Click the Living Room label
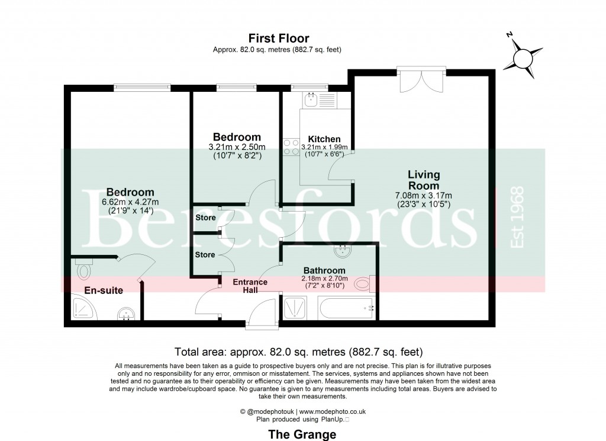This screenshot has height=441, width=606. point(424,180)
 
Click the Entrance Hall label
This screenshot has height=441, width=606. point(250,286)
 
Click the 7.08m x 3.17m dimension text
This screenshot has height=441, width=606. point(424,196)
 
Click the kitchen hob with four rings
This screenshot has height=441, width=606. point(291,146)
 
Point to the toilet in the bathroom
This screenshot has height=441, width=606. point(362,285)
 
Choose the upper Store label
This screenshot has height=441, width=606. point(205,218)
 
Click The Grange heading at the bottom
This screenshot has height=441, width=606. point(302,434)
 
